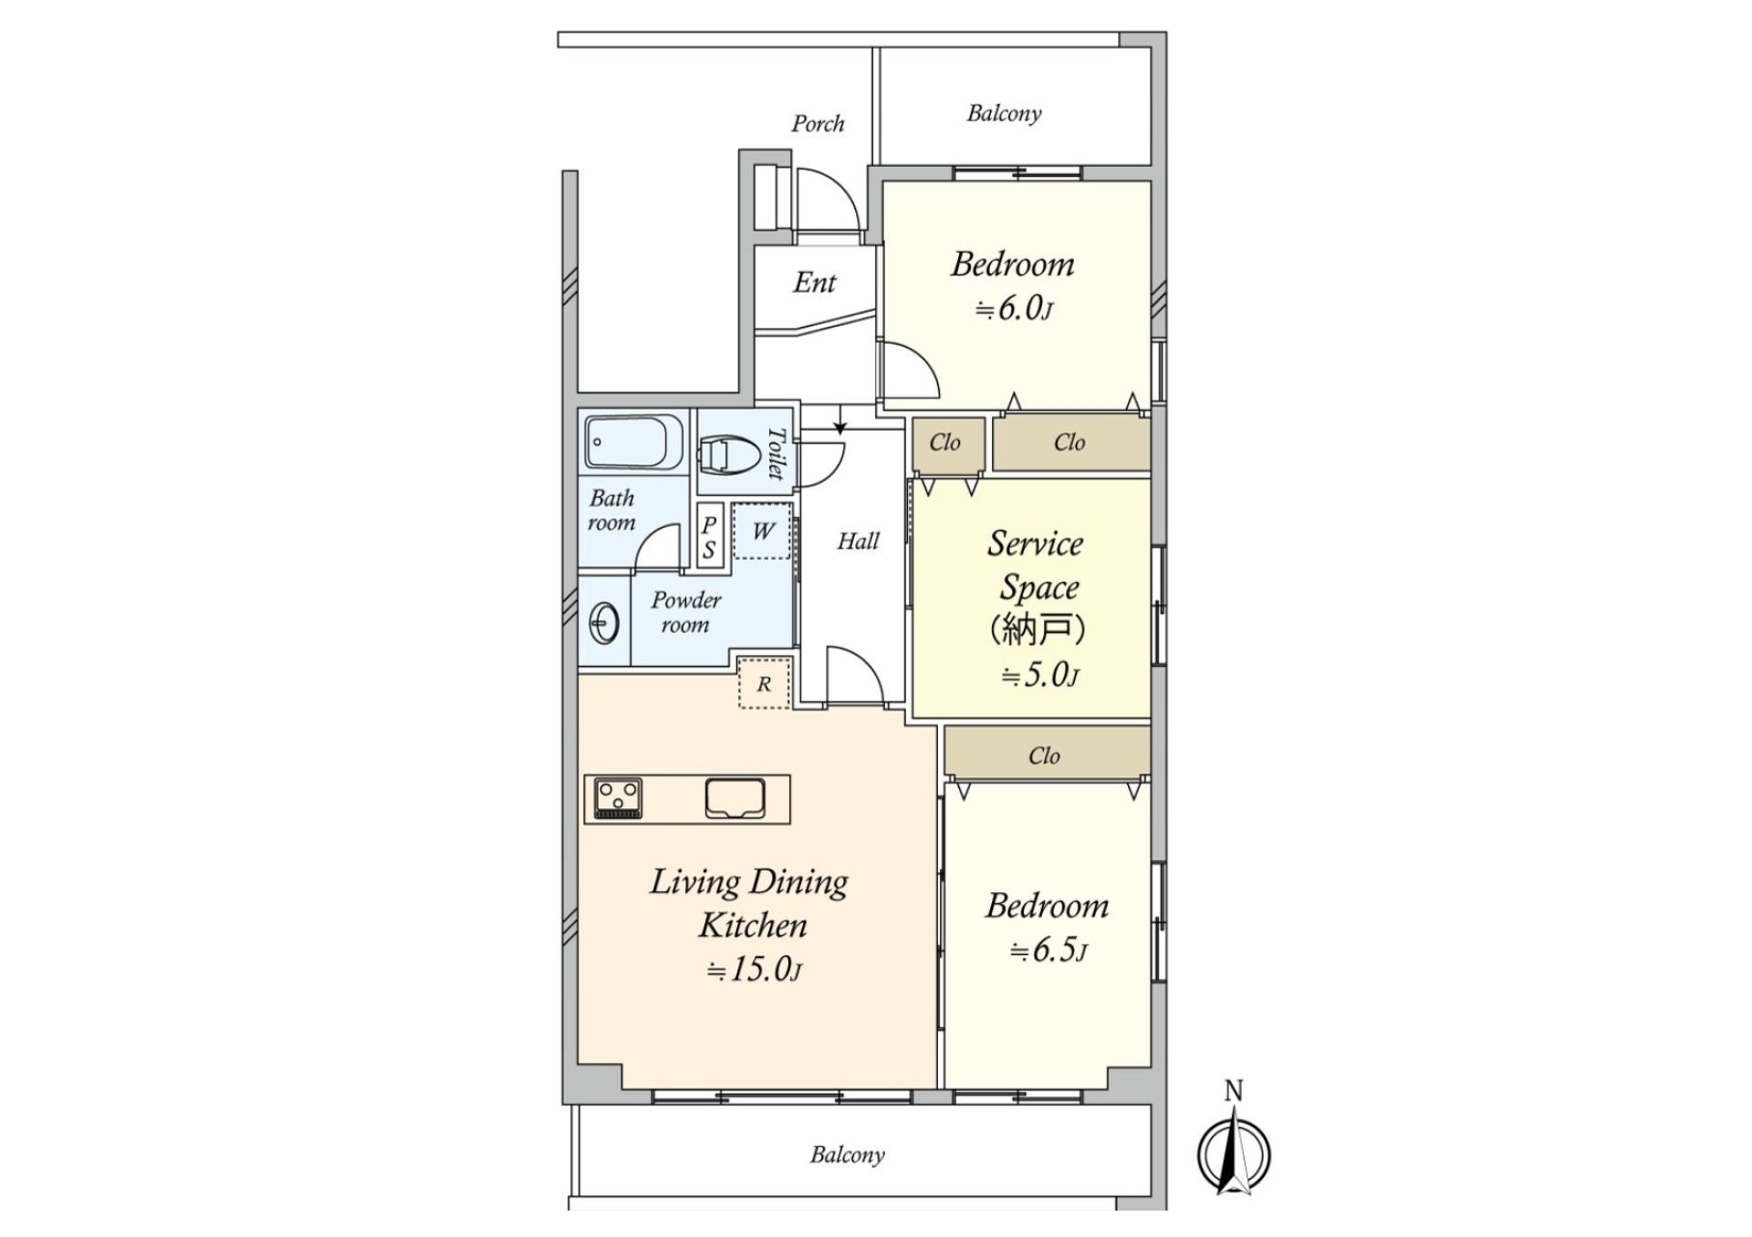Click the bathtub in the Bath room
coord(634,442)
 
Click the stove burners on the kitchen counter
coord(618,798)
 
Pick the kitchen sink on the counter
coord(735,798)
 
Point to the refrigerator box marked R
coord(764,683)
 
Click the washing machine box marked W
coord(763,531)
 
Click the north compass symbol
coord(1234,1149)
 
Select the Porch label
coord(818,123)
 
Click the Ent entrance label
coord(814,282)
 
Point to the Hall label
coord(859,541)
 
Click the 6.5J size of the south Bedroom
coord(1048,951)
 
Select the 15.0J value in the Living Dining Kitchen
coord(755,970)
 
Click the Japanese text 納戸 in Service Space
coord(1038,629)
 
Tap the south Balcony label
coord(848,1155)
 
